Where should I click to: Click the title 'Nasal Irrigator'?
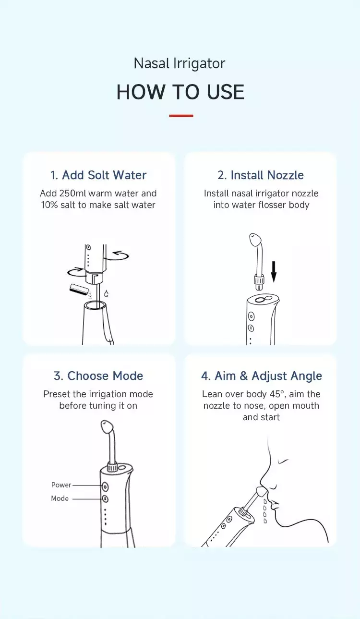[x=180, y=63]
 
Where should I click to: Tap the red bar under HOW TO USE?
[x=181, y=116]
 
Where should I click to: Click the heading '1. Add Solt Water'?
[x=98, y=175]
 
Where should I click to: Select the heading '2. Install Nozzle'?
[x=261, y=175]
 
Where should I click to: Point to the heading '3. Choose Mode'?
[x=98, y=376]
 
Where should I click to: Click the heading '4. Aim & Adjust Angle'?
[x=262, y=376]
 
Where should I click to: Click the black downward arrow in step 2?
[x=274, y=272]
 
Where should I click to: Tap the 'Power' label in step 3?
[x=61, y=485]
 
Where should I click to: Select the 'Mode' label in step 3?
[x=60, y=498]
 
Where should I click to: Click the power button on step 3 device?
[x=105, y=486]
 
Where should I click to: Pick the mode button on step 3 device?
[x=105, y=499]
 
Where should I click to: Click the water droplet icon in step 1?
[x=107, y=293]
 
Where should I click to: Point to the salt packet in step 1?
[x=78, y=289]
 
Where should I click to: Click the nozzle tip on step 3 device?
[x=107, y=426]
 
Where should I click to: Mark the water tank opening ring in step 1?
[x=95, y=305]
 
